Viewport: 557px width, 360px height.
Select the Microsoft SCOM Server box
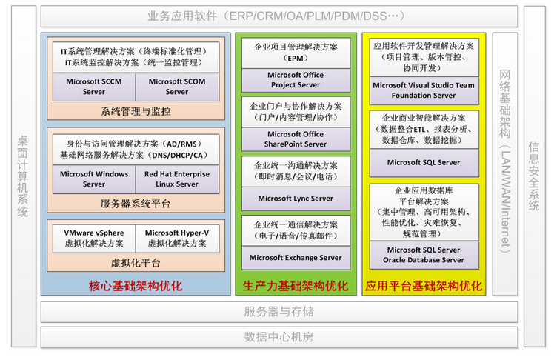177,87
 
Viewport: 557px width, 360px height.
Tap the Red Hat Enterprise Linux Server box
177,179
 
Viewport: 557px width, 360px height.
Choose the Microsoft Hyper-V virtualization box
177,238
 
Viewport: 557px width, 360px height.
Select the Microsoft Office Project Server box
296,79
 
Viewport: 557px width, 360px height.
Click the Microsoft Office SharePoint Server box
296,139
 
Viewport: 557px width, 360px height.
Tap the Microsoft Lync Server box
296,199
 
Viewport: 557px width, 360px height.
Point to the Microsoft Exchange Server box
296,258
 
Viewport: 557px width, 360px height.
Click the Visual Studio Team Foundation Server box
424,90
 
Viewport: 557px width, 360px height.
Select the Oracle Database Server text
424,260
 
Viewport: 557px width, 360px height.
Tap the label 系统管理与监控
136,111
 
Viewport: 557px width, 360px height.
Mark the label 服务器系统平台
136,203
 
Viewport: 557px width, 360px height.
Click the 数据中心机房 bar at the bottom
278,337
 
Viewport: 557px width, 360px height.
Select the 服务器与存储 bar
278,311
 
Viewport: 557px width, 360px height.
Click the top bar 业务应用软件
278,16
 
